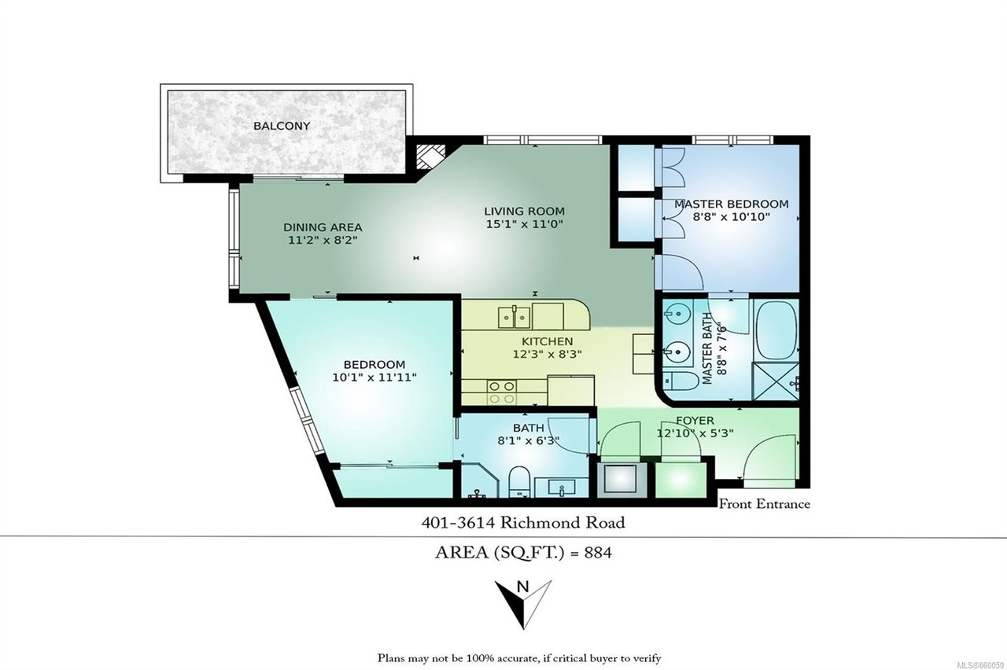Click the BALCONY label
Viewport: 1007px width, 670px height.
coord(282,126)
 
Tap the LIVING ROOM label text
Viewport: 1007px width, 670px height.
coord(524,211)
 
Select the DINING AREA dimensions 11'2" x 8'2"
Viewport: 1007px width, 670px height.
coord(323,240)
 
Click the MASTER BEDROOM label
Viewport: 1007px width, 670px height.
coord(732,204)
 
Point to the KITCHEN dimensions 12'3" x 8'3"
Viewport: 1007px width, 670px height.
coord(547,354)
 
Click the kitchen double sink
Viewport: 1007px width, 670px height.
coord(514,317)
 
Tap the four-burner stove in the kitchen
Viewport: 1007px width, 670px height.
coord(502,392)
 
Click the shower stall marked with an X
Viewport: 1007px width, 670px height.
coord(776,381)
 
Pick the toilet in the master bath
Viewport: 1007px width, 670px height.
coord(681,380)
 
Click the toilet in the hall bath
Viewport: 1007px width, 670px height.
coord(520,481)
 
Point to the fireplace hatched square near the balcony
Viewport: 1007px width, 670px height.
coord(430,156)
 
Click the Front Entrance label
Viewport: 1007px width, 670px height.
coord(765,504)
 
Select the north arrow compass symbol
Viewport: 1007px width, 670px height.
coord(523,603)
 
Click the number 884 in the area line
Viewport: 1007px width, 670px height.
coord(598,552)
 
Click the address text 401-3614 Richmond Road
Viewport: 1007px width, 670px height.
coord(523,522)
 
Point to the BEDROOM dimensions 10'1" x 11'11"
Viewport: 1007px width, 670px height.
coord(374,377)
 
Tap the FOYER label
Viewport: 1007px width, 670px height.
coord(695,421)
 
